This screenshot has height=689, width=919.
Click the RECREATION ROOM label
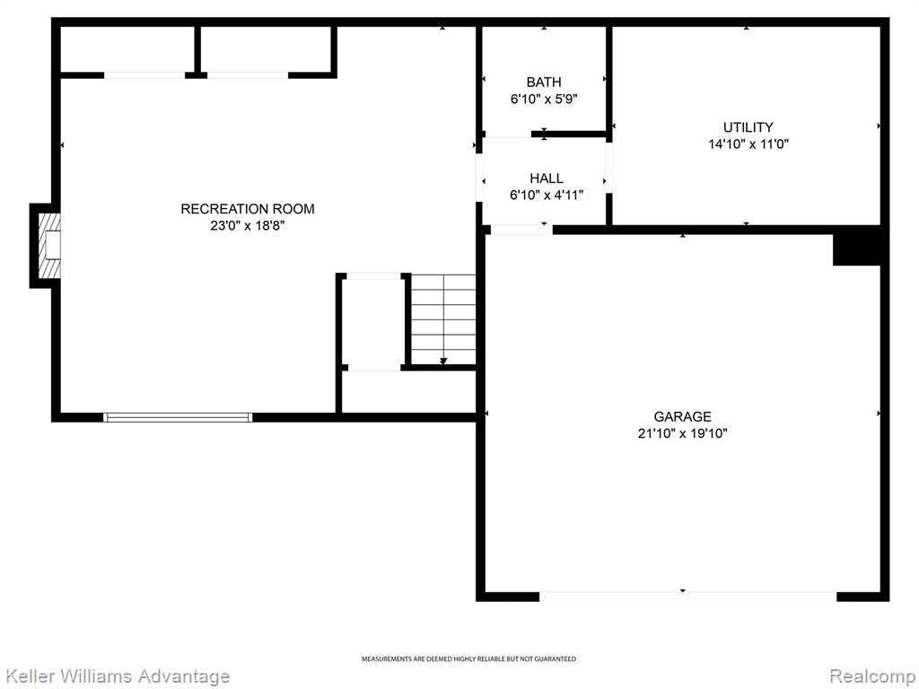248,208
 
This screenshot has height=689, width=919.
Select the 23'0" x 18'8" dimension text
248,225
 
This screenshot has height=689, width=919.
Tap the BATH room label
544,82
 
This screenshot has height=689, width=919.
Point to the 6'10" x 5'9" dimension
544,99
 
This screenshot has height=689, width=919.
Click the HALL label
547,179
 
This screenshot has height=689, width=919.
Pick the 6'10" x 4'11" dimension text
547,195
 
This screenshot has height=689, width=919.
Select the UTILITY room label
748,127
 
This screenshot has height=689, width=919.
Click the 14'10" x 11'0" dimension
748,144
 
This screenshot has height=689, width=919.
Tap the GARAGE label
683,416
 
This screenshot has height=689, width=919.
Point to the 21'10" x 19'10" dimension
683,433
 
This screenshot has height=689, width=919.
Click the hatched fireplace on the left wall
49,246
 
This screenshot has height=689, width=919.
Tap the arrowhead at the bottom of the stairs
443,361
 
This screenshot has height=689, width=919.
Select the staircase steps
443,319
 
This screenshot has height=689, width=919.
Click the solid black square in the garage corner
857,246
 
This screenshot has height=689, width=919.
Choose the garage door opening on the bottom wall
688,597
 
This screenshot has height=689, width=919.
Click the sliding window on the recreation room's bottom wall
178,418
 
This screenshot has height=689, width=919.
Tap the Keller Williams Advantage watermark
116,676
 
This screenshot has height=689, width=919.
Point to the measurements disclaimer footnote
468,659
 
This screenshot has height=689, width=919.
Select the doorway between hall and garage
521,230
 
